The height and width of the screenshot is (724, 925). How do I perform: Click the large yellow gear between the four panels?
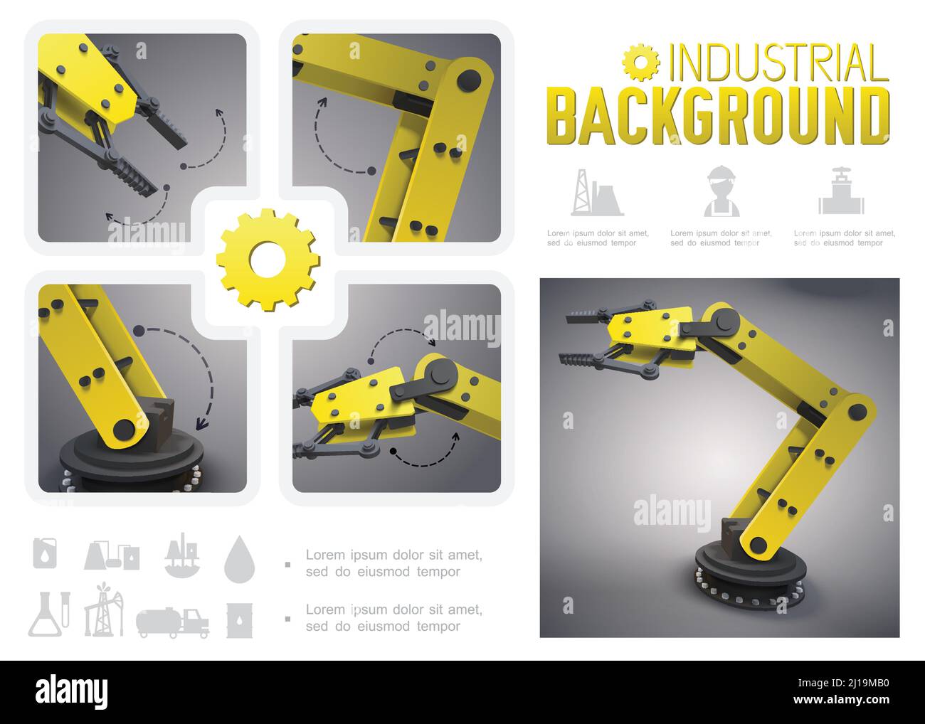(x=268, y=260)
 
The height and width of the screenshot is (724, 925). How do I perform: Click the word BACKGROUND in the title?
(x=718, y=116)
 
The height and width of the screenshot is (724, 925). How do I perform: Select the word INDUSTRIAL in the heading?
(x=779, y=63)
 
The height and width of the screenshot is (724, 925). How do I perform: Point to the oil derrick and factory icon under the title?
(x=597, y=193)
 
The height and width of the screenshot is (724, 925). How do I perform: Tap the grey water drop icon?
(x=239, y=558)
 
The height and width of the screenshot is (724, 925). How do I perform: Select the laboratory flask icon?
(x=49, y=614)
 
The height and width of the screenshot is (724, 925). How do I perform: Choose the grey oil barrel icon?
(x=239, y=620)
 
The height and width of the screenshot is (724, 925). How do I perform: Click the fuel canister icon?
(x=45, y=553)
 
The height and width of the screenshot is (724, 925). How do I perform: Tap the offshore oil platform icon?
(x=181, y=555)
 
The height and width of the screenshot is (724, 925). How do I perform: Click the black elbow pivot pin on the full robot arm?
(x=857, y=411)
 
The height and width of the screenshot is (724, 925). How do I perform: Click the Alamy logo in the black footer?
(x=72, y=693)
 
